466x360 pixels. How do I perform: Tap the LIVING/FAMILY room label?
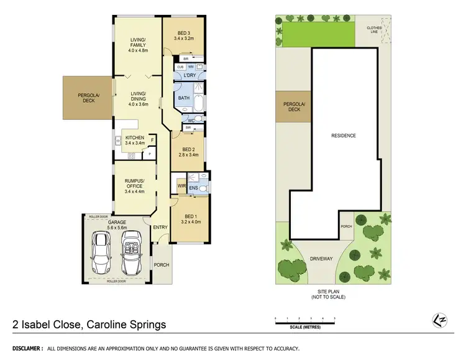click(137, 43)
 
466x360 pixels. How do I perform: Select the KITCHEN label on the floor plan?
click(134, 138)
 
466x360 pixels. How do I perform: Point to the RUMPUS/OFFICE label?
click(134, 183)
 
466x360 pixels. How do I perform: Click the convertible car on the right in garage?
click(132, 252)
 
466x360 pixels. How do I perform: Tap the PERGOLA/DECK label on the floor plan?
click(89, 98)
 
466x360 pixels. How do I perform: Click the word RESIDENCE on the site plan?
click(343, 135)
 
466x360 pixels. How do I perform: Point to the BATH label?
click(183, 98)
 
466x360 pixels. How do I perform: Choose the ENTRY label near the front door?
click(160, 228)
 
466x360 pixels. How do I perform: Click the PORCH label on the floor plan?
click(161, 265)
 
